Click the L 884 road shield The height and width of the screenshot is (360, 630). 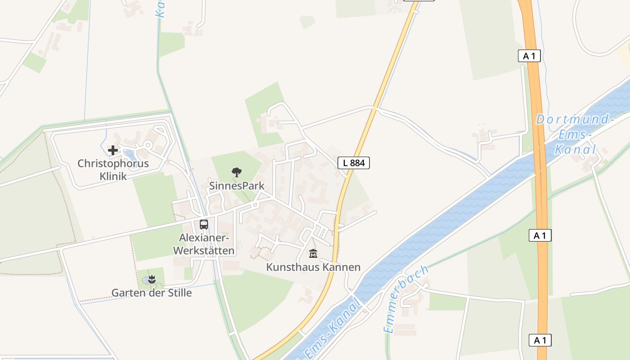coord(354,163)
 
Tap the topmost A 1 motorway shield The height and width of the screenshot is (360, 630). coord(529,56)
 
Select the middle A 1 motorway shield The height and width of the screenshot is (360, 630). coord(540,235)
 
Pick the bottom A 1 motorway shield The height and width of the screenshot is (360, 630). coord(540,340)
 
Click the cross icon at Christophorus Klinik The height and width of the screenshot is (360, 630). coord(112,150)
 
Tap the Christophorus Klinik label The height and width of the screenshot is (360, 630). coord(113,170)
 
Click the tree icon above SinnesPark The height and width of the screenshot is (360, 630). coord(236,172)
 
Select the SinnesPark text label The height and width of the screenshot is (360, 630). coord(237,186)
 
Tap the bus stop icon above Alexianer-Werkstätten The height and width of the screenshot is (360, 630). coord(204,224)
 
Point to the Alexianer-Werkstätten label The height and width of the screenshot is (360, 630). coord(204,244)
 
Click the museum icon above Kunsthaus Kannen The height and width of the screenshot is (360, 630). coord(313,253)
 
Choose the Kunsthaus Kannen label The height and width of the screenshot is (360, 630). coord(313,267)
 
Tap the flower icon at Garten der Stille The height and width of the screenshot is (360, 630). coord(152,279)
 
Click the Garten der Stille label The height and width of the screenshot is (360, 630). coord(152,293)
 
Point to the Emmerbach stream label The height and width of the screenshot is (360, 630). coord(406,299)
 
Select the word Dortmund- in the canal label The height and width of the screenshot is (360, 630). coord(575,120)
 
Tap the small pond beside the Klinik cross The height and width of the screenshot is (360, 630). coord(130,155)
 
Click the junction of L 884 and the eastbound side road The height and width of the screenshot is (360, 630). coord(373,108)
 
